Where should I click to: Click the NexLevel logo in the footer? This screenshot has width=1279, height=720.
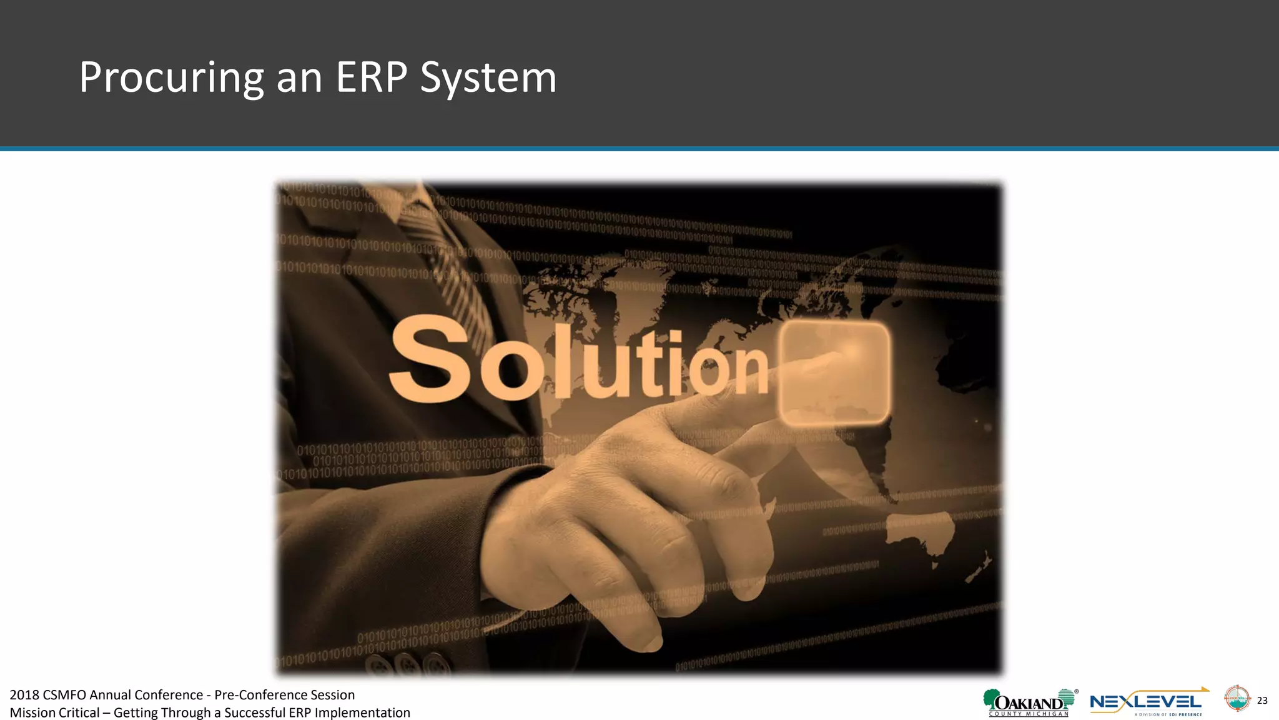click(1148, 702)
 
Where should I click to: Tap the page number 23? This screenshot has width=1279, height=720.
click(1262, 701)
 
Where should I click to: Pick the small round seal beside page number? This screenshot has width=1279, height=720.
click(1237, 699)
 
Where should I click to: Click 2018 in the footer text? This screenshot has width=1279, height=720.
click(24, 695)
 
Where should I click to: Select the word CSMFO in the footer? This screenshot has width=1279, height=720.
click(64, 695)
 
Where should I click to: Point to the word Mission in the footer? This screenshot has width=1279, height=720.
click(31, 713)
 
